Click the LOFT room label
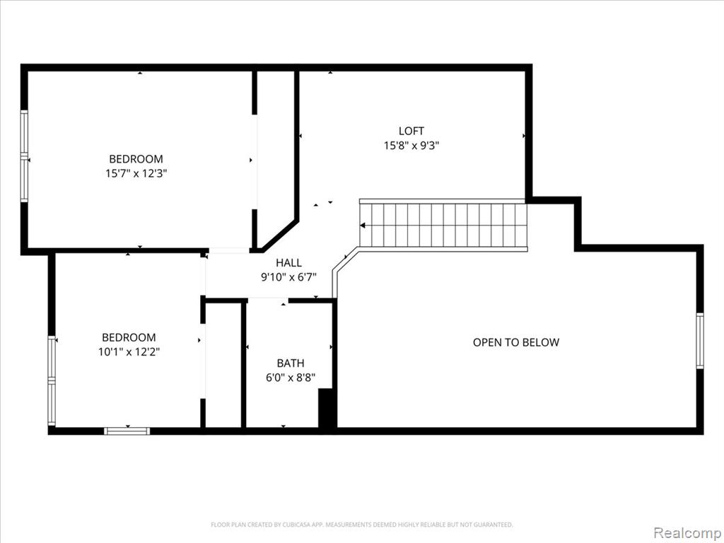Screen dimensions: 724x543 click(x=411, y=131)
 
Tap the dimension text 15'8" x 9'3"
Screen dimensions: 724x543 click(x=411, y=146)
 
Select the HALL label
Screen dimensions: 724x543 click(x=288, y=263)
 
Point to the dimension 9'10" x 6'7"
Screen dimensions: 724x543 click(x=288, y=277)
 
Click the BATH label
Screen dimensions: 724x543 click(x=291, y=363)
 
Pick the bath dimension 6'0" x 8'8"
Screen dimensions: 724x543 click(x=291, y=378)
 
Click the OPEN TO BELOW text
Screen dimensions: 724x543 click(x=515, y=343)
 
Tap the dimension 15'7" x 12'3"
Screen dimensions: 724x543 click(x=136, y=174)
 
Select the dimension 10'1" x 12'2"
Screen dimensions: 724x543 click(x=129, y=352)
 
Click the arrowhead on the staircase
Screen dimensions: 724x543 click(x=363, y=226)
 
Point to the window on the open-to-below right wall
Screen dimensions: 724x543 click(x=700, y=341)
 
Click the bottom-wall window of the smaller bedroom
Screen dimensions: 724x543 click(x=127, y=431)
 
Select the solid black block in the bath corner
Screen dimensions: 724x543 click(x=326, y=408)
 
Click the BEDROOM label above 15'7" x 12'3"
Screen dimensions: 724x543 click(x=136, y=159)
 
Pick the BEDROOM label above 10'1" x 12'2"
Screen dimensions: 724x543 click(x=129, y=337)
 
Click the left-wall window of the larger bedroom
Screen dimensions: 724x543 click(x=24, y=156)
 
